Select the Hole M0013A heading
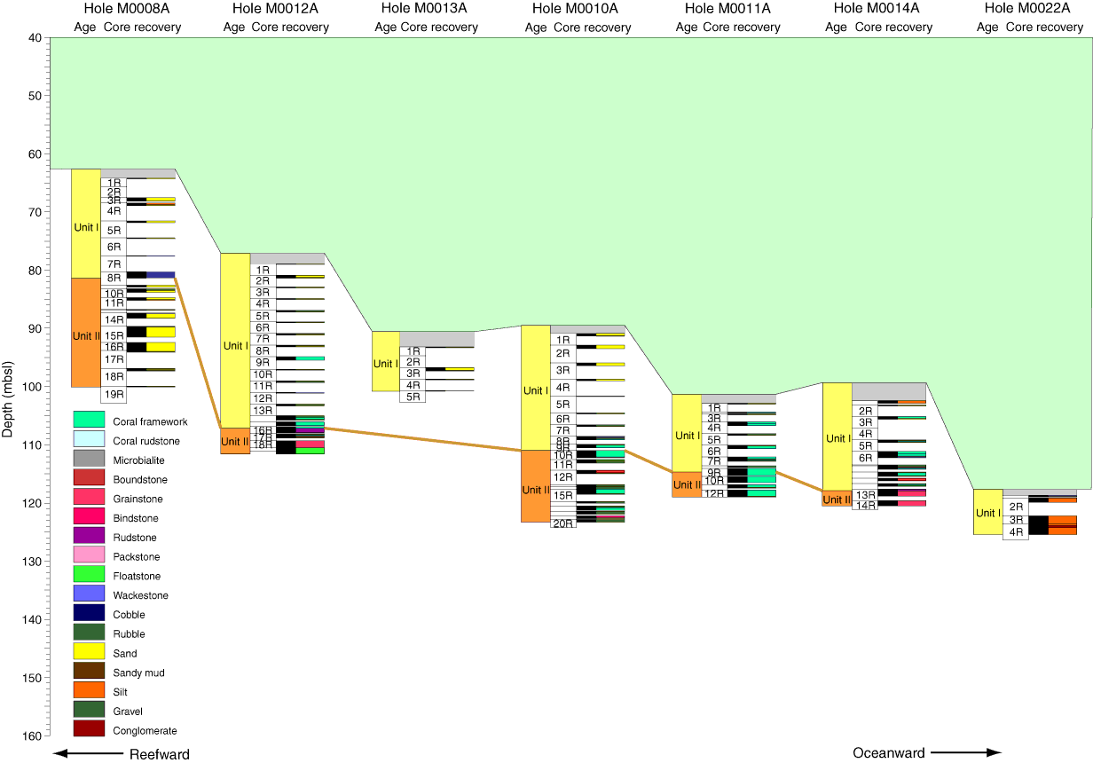(424, 9)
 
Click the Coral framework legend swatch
(90, 419)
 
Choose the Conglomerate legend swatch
(90, 728)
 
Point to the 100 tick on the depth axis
(47, 387)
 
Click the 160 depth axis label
(35, 735)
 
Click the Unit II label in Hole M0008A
(86, 336)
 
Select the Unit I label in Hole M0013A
(385, 364)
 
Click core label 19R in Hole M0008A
(114, 395)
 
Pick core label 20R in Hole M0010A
(562, 523)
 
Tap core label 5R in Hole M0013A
(413, 397)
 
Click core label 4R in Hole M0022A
(1016, 532)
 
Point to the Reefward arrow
(89, 754)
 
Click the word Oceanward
(888, 753)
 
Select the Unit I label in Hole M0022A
(987, 513)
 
